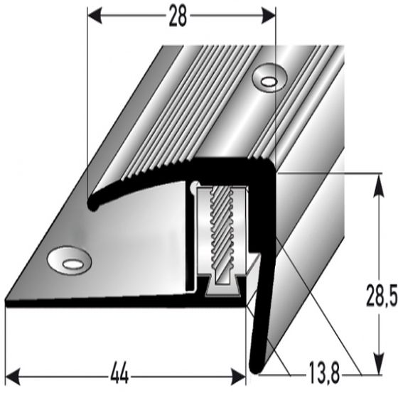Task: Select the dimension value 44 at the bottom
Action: coord(121,372)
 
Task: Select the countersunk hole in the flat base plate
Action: coord(70,262)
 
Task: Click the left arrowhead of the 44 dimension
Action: coord(12,372)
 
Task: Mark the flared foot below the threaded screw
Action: coord(222,284)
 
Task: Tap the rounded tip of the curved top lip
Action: coord(91,205)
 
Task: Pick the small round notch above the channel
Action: coord(193,187)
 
